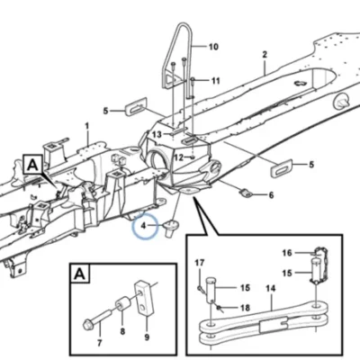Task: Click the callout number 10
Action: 213,47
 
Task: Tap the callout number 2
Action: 265,55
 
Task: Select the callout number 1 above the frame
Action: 87,126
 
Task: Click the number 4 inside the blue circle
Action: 143,225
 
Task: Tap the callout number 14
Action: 270,289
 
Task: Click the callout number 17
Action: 200,263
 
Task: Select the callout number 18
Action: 245,308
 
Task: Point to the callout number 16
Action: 287,253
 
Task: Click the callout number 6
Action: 271,195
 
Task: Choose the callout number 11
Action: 216,81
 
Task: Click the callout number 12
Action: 179,157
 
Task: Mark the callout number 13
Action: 157,135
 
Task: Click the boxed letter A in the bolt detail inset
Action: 79,274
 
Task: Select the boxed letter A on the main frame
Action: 32,165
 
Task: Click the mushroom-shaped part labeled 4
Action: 171,228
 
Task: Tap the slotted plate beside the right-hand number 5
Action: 282,168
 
